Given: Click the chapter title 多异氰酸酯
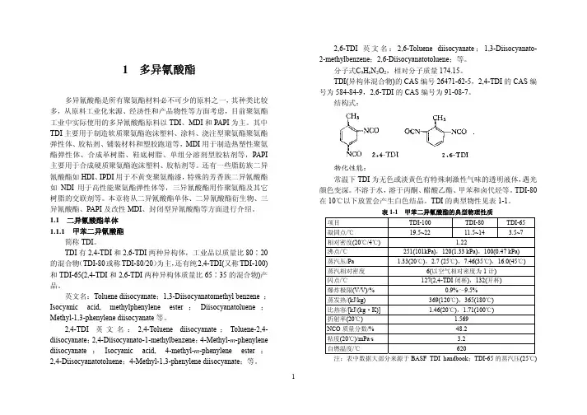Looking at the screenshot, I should click(169, 69).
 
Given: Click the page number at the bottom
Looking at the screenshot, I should click(293, 402).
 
